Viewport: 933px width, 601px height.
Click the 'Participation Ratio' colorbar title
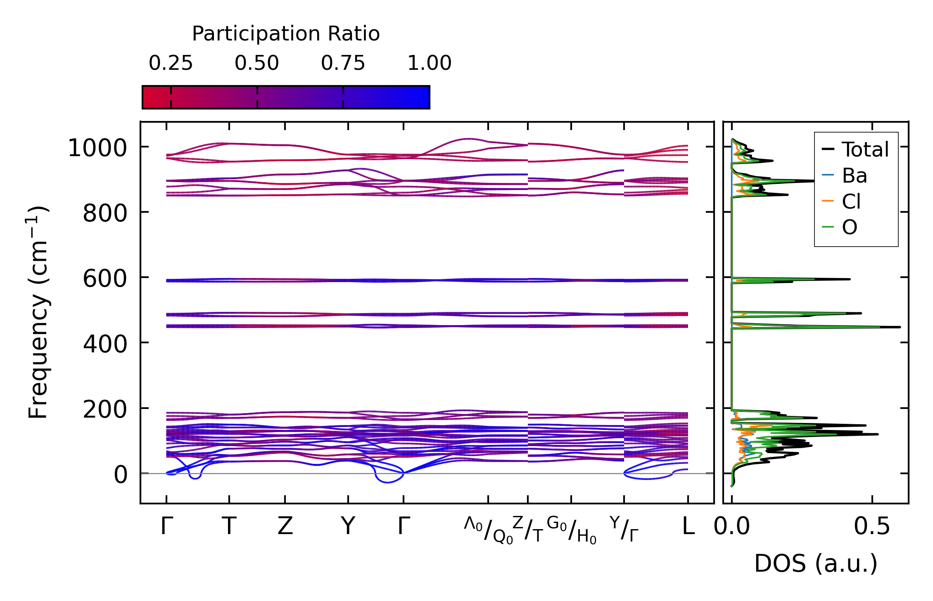[x=286, y=34]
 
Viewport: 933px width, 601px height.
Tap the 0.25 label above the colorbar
[x=171, y=64]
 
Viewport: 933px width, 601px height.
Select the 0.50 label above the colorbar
[x=257, y=64]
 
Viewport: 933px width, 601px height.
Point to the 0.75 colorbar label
[x=343, y=64]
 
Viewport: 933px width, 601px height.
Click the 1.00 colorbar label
[x=429, y=64]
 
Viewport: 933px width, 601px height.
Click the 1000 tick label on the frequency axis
[x=97, y=148]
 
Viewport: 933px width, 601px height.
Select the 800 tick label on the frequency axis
[x=105, y=214]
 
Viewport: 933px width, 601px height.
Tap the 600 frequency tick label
[x=105, y=279]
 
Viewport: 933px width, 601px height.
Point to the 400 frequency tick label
[x=105, y=344]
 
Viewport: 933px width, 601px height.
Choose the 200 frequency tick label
[x=105, y=410]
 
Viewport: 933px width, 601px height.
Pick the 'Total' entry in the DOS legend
[x=865, y=150]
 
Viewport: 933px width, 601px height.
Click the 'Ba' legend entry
[x=854, y=176]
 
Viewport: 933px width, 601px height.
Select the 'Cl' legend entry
[x=851, y=202]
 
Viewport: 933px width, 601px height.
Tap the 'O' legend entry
[x=850, y=228]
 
